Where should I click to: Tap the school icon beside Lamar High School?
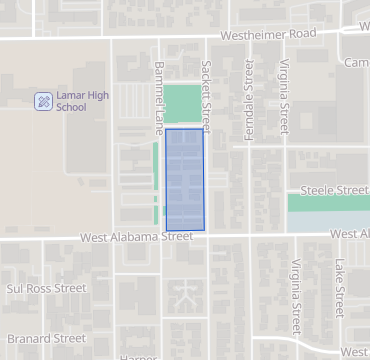[43, 100]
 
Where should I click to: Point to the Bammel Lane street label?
[158, 96]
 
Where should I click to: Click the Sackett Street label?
[207, 95]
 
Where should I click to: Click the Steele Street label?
[334, 190]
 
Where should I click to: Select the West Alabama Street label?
[136, 237]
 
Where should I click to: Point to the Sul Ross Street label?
[47, 288]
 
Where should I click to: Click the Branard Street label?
[46, 339]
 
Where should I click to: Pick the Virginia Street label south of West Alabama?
[296, 297]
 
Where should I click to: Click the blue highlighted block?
[184, 180]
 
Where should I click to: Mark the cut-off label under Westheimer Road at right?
[357, 63]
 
